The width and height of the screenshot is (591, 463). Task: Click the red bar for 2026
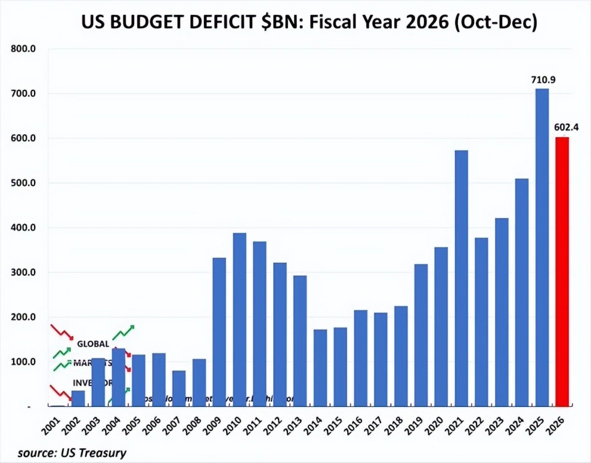[x=562, y=271]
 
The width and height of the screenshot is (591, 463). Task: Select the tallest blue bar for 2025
[x=542, y=246]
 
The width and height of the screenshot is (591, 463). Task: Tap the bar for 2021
[x=461, y=277]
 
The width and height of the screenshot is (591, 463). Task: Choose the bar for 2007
[x=179, y=388]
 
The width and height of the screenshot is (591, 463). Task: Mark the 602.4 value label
[x=568, y=128]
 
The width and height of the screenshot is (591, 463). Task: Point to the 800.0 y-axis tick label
[x=24, y=49]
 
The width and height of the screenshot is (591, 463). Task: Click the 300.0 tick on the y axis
[x=24, y=273]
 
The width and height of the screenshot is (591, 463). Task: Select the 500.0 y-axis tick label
[x=24, y=183]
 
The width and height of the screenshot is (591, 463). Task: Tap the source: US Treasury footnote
[x=71, y=453]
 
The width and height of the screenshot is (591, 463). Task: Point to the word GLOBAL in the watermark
[x=93, y=344]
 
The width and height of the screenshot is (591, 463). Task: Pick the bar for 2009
[x=219, y=332]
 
